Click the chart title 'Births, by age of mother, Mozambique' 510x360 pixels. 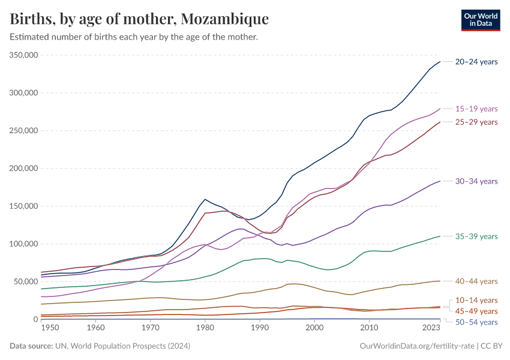(x=139, y=19)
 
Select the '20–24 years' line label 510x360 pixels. (x=476, y=62)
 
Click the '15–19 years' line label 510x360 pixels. (x=476, y=109)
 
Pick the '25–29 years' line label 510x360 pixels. (x=476, y=122)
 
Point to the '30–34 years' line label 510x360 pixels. (x=476, y=181)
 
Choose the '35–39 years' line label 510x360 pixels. (x=476, y=236)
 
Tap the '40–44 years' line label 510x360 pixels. (x=476, y=281)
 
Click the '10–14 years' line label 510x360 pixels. (x=476, y=300)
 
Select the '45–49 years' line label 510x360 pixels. (x=476, y=311)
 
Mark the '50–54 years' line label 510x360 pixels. (x=476, y=323)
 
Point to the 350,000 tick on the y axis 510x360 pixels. (x=24, y=55)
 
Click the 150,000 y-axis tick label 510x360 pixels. (x=24, y=206)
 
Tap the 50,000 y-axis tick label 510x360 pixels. (x=26, y=281)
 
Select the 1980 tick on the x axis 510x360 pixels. (x=205, y=328)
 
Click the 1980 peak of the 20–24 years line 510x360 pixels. (x=205, y=199)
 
